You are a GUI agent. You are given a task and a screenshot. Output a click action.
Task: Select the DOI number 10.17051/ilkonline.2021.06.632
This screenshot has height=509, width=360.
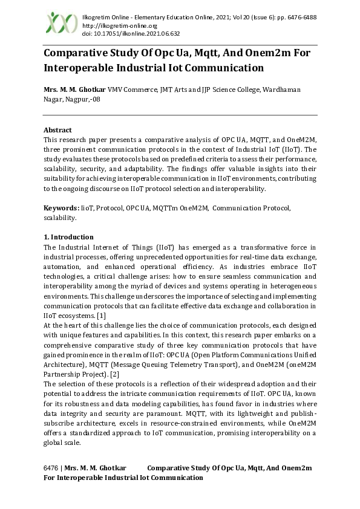pyautogui.click(x=131, y=34)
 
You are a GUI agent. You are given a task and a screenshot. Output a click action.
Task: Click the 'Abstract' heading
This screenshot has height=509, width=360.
pyautogui.click(x=57, y=130)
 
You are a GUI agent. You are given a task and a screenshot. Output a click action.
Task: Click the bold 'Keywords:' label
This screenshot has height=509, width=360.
pyautogui.click(x=62, y=208)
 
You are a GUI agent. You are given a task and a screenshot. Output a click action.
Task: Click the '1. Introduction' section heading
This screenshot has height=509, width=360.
pyautogui.click(x=68, y=237)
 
